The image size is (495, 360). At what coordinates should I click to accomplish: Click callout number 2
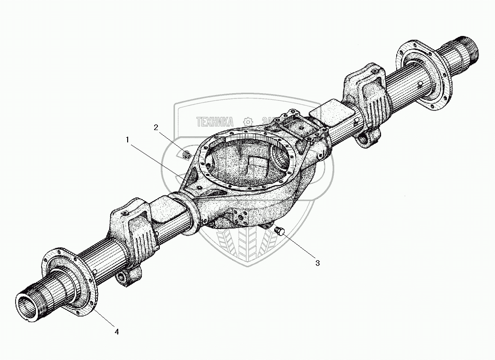click(155, 127)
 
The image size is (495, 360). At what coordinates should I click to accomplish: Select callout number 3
click(317, 263)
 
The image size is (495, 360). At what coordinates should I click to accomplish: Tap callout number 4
click(116, 332)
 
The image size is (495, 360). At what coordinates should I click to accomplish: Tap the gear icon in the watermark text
click(247, 122)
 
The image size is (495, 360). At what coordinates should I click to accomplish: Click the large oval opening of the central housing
click(246, 161)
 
